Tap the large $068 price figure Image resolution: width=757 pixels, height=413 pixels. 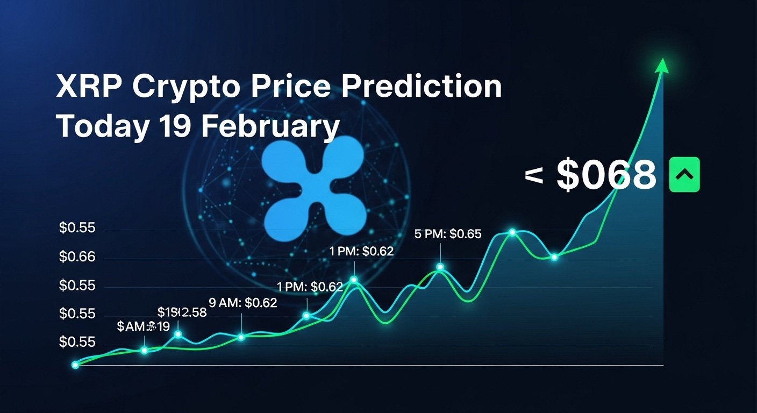(606, 175)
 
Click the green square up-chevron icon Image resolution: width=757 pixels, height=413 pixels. (684, 175)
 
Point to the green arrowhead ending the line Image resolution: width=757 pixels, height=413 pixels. (662, 65)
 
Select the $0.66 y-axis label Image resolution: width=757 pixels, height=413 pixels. (77, 258)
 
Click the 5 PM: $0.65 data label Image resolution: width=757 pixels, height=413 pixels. (448, 234)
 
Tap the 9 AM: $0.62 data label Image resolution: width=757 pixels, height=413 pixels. (243, 303)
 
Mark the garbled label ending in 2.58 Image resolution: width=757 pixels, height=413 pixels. (182, 312)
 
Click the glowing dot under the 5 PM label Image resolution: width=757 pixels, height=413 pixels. (440, 267)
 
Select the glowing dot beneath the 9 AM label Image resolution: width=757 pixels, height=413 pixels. (241, 337)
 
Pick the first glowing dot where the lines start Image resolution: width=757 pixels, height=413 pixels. (75, 365)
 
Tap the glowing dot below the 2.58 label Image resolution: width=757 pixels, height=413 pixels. (178, 334)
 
